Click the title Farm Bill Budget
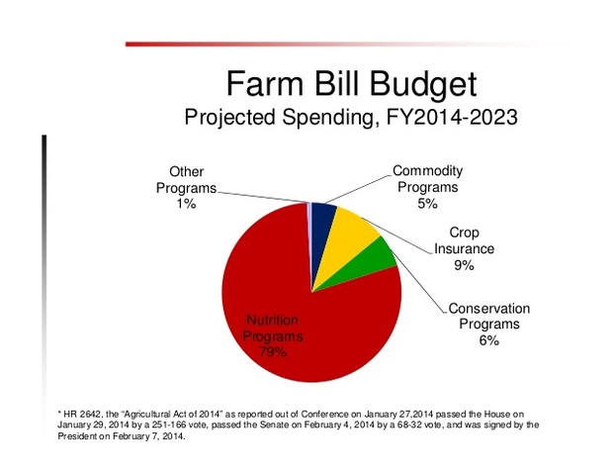click(351, 81)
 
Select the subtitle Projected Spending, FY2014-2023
click(351, 116)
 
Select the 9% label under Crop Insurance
click(465, 266)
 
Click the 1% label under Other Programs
click(186, 205)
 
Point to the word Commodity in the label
click(427, 170)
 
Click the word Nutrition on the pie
click(271, 321)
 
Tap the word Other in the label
click(186, 172)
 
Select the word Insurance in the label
click(465, 249)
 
